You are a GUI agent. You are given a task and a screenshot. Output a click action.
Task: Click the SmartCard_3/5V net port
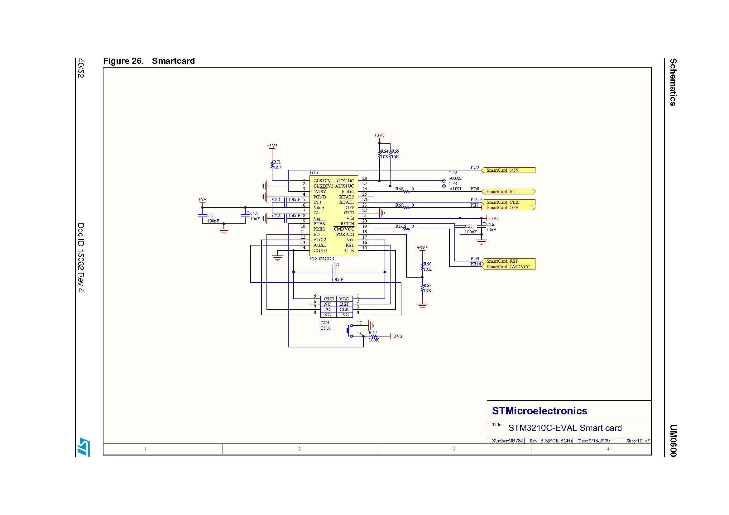tap(508, 170)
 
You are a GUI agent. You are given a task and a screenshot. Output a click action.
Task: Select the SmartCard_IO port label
tap(508, 192)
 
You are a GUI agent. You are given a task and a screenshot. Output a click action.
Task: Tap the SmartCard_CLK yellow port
tap(508, 202)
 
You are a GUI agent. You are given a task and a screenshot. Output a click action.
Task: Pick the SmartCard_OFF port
tap(508, 207)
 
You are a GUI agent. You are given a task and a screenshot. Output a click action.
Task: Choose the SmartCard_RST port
tap(508, 261)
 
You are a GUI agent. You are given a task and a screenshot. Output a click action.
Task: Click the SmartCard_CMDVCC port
tap(508, 267)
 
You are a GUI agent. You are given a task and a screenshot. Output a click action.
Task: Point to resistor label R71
tap(277, 162)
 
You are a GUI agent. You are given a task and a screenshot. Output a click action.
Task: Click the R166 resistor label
tap(400, 226)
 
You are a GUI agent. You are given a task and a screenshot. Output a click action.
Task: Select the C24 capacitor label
tap(335, 264)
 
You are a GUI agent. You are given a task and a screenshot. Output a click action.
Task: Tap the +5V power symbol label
tap(202, 200)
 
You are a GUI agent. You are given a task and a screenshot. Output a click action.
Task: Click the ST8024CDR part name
tap(322, 259)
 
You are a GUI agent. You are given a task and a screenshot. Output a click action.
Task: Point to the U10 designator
tap(314, 173)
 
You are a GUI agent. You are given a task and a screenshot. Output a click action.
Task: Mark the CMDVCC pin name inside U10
tap(344, 229)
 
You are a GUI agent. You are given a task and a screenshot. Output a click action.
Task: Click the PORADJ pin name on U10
tap(345, 235)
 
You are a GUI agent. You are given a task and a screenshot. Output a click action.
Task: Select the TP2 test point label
tap(453, 173)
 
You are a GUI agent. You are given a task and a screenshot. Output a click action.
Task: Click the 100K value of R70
tap(374, 340)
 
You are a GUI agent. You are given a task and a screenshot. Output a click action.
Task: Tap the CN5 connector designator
tap(324, 323)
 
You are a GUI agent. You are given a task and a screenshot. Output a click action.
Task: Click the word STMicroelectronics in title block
tap(540, 411)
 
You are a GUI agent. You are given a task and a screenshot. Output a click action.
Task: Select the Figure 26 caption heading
tap(149, 61)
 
